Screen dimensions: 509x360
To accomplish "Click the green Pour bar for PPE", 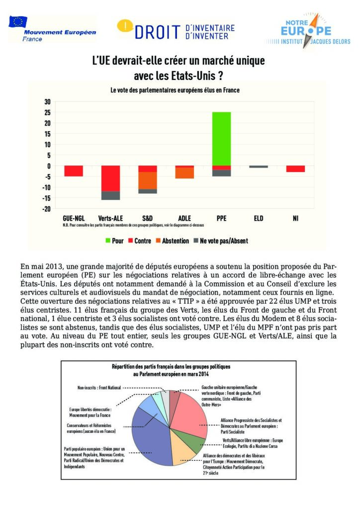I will [221, 139].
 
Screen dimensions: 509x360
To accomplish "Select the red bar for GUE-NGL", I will [74, 171].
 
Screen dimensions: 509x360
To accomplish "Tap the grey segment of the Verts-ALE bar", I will [110, 195].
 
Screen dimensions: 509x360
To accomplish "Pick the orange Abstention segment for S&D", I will [148, 180].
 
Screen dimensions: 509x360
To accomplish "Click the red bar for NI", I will [295, 169].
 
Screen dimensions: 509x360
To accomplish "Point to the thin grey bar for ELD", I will [259, 167].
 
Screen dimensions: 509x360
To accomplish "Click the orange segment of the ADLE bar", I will [184, 173].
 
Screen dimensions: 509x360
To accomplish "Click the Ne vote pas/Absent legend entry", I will [219, 241].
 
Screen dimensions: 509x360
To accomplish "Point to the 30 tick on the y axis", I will [48, 101].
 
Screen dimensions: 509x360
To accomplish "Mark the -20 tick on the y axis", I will [47, 209].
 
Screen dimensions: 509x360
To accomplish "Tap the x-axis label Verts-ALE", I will [110, 218].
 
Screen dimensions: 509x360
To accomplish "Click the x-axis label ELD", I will [259, 218].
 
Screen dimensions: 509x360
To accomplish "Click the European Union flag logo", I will [18, 22].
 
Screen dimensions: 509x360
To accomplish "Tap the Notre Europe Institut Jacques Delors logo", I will [309, 31].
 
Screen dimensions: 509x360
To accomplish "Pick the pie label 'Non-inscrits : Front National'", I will [99, 387].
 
